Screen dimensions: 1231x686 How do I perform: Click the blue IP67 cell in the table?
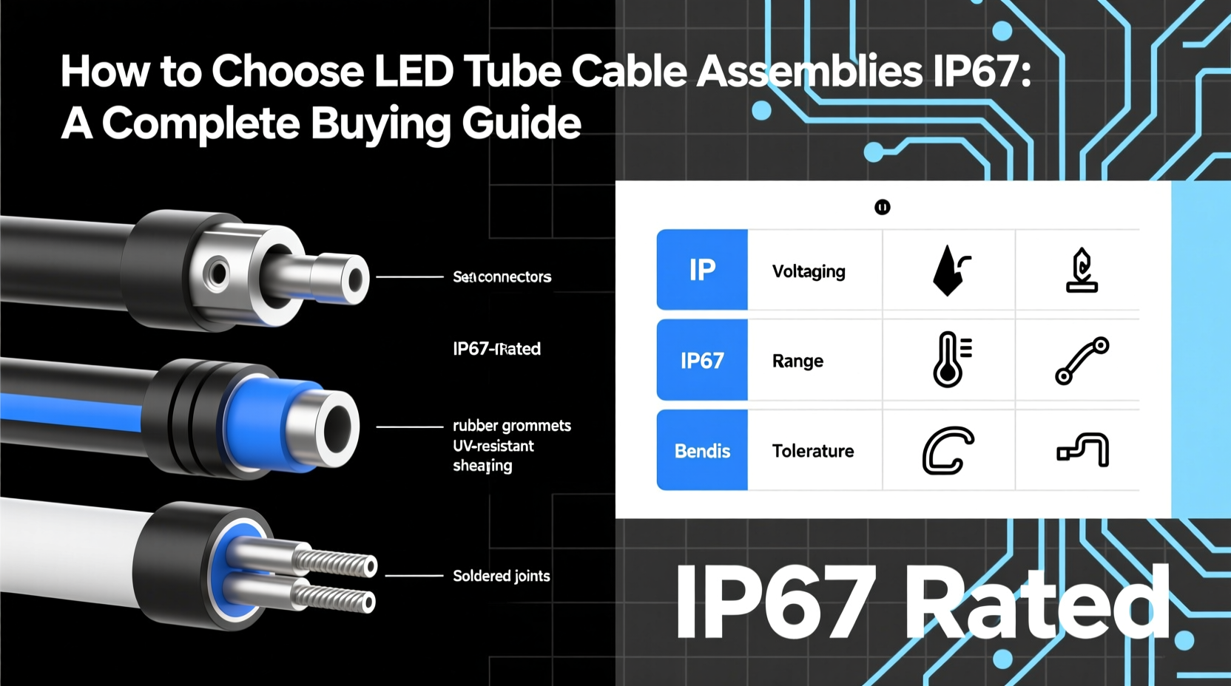tap(702, 361)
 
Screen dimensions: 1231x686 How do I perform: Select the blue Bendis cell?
tap(702, 451)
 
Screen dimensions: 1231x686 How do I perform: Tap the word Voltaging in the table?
tap(809, 271)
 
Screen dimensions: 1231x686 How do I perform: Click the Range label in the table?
tap(797, 361)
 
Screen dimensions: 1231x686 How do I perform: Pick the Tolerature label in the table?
tap(813, 451)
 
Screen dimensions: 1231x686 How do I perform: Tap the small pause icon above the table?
tap(882, 207)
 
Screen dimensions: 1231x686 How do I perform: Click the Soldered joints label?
tap(501, 576)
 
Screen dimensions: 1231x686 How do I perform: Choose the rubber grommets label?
tap(512, 426)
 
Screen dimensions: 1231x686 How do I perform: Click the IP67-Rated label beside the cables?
tap(496, 349)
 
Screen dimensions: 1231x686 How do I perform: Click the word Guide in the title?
tap(522, 123)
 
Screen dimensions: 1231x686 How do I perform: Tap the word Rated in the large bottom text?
tap(1036, 602)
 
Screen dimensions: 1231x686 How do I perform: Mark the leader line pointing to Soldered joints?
tap(414, 575)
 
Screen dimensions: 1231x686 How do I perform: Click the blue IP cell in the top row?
tap(702, 271)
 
